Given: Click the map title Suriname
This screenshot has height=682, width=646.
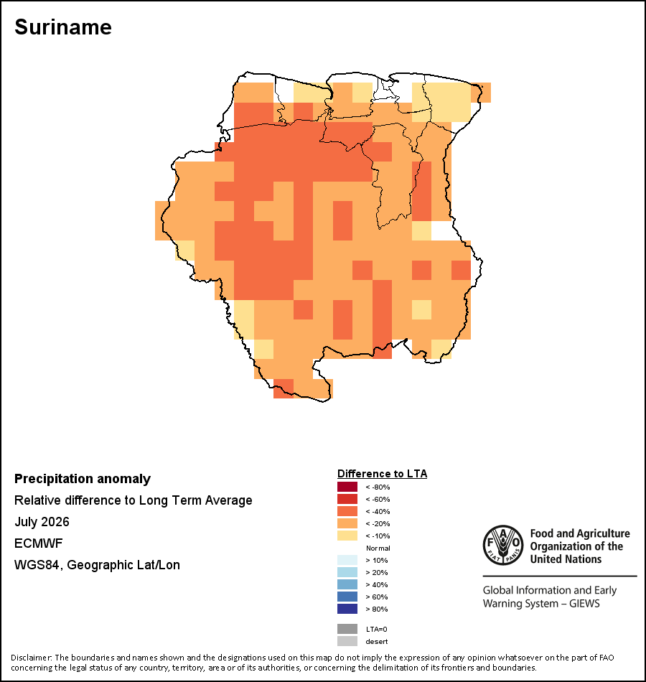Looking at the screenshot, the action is click(63, 27).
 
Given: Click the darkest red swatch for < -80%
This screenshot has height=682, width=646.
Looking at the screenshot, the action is click(347, 487).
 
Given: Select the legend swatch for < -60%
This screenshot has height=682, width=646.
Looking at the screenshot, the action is click(347, 499).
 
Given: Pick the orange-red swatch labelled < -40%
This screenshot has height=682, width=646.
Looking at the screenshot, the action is click(347, 511).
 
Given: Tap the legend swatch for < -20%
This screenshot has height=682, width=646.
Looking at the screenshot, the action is click(347, 523).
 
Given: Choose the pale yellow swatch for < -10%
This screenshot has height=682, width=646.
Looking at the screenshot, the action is click(347, 536).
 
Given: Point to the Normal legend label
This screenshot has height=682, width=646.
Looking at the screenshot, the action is click(378, 548).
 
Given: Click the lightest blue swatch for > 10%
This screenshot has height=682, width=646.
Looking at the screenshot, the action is click(347, 560).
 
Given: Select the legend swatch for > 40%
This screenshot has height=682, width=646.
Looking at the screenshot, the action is click(347, 584).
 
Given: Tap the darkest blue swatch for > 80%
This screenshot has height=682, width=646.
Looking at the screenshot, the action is click(347, 609).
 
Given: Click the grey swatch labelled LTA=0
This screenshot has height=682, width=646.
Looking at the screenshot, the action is click(347, 629).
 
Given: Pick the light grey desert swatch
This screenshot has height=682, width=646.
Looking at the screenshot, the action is click(347, 641).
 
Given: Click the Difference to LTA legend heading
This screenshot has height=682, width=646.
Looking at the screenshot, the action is click(382, 474).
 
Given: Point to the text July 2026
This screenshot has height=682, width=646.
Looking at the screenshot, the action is click(42, 521).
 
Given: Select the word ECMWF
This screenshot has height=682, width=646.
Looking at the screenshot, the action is click(38, 543).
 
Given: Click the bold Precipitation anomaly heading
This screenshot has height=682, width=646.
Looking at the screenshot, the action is click(83, 479).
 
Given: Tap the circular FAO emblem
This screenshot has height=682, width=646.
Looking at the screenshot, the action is click(503, 545).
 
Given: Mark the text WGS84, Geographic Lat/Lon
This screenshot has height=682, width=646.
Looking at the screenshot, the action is click(97, 565).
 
